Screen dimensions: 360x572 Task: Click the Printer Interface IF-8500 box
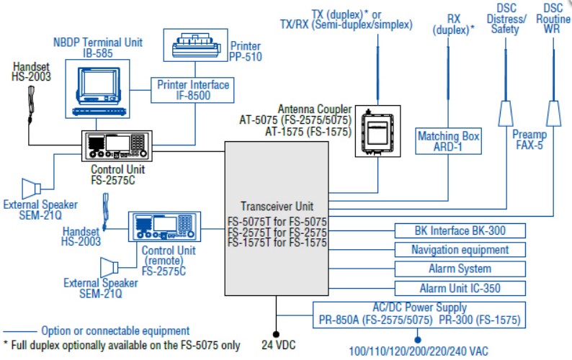[193, 91]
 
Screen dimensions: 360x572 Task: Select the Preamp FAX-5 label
[529, 140]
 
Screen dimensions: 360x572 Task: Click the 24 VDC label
[277, 344]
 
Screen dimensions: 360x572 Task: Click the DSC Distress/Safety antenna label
[505, 19]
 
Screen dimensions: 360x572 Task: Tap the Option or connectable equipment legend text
[115, 330]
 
